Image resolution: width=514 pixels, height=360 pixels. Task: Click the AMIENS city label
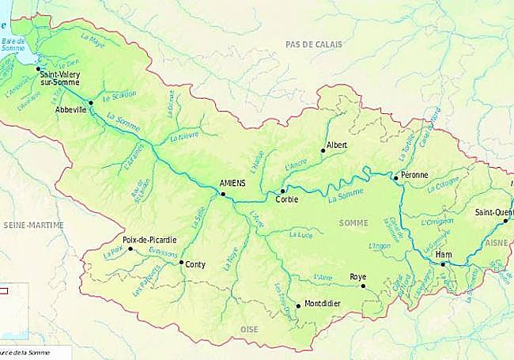pyautogui.click(x=233, y=184)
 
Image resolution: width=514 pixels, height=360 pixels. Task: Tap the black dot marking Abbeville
pyautogui.click(x=91, y=103)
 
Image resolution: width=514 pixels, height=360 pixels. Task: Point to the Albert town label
pyautogui.click(x=337, y=146)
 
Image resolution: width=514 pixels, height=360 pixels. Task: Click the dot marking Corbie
pyautogui.click(x=282, y=191)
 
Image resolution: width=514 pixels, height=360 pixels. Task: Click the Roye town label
pyautogui.click(x=358, y=277)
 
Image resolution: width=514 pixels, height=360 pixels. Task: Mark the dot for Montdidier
pyautogui.click(x=298, y=305)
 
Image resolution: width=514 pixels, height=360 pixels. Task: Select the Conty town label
pyautogui.click(x=195, y=266)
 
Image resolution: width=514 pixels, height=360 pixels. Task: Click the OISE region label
pyautogui.click(x=250, y=328)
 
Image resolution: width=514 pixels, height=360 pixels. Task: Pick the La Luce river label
pyautogui.click(x=301, y=235)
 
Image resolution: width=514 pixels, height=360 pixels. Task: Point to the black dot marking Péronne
pyautogui.click(x=395, y=178)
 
